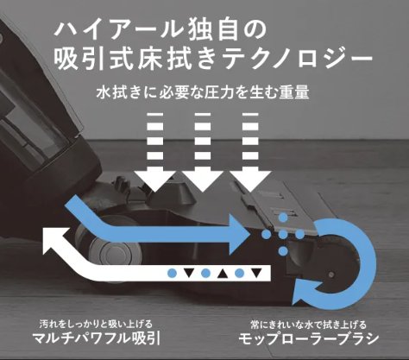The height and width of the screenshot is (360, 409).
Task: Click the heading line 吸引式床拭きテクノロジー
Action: (x=213, y=58)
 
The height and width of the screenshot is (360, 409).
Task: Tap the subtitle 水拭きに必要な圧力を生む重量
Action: (x=203, y=92)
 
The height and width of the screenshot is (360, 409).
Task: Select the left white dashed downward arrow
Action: (x=155, y=152)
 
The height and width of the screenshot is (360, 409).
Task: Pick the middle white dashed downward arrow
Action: (x=203, y=152)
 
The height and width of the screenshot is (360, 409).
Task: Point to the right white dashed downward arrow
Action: (x=250, y=152)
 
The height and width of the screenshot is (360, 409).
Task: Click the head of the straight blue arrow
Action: (x=239, y=234)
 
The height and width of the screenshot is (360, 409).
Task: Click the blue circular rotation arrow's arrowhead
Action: (x=306, y=293)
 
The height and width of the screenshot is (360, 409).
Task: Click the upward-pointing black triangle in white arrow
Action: (x=223, y=274)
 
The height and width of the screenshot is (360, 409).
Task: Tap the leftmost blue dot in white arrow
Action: (x=172, y=273)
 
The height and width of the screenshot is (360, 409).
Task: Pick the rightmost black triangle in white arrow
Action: (x=256, y=273)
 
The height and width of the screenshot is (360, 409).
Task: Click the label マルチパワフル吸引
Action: (x=96, y=338)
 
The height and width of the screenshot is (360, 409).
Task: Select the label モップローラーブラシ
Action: (x=309, y=338)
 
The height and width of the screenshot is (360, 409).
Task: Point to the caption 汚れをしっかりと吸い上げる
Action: (x=96, y=325)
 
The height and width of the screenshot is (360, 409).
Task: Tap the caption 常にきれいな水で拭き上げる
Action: (x=309, y=325)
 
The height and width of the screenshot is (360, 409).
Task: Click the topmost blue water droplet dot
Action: (x=283, y=218)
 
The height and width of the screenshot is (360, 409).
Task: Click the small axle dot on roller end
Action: (x=331, y=275)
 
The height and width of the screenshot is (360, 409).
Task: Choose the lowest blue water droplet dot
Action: (x=283, y=251)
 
